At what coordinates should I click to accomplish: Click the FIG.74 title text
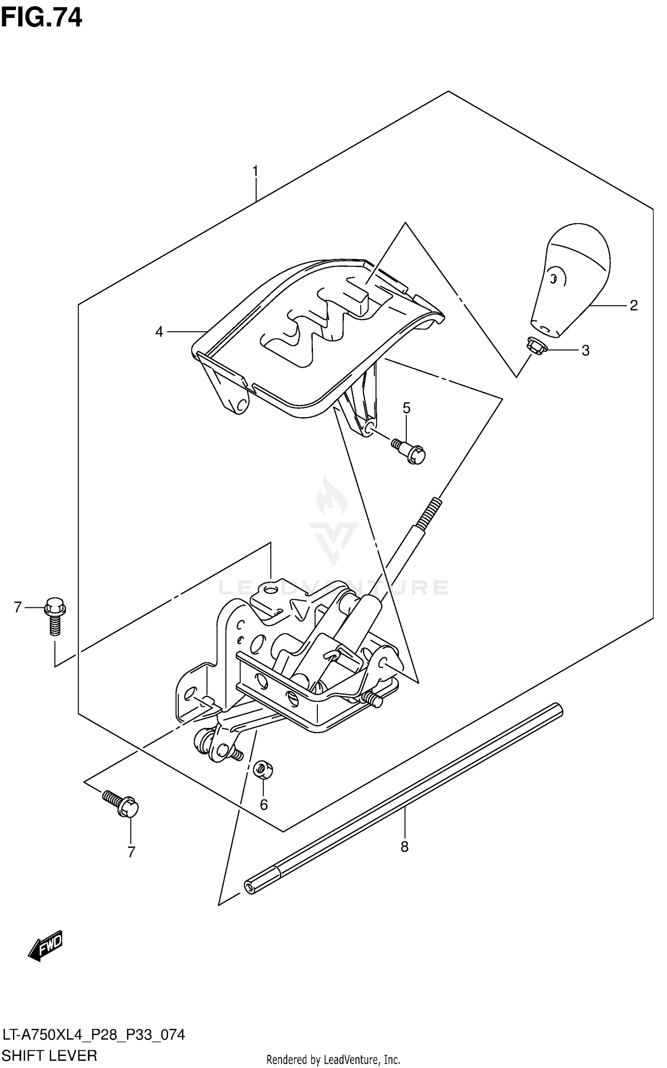(41, 19)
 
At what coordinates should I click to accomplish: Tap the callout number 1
(255, 171)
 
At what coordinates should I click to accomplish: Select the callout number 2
(634, 305)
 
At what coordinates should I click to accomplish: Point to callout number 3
(586, 351)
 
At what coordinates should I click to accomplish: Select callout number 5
(406, 408)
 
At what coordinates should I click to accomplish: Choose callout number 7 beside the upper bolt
(18, 607)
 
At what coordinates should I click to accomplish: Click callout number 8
(404, 847)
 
